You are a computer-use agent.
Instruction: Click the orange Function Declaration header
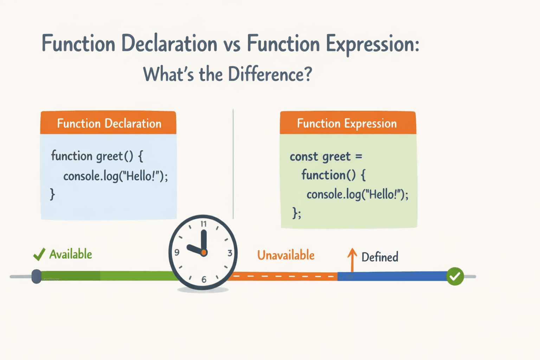108,123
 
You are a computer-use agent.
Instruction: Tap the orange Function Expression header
347,123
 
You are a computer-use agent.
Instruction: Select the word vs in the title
232,44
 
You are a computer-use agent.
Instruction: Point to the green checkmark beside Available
39,254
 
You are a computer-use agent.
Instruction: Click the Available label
71,254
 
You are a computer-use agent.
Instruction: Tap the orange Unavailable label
286,255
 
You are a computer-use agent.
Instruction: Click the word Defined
380,257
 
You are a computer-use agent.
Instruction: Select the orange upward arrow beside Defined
352,259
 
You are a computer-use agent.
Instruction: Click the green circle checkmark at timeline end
455,276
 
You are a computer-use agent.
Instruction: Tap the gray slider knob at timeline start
36,276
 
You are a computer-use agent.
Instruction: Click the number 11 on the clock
204,224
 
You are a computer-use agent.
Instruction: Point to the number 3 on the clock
230,253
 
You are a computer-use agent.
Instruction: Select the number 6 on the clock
204,280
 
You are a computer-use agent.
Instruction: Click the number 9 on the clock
177,252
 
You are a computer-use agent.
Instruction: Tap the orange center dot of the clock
204,252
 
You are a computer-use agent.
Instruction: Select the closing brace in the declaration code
52,194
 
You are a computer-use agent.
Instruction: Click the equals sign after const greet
359,156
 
